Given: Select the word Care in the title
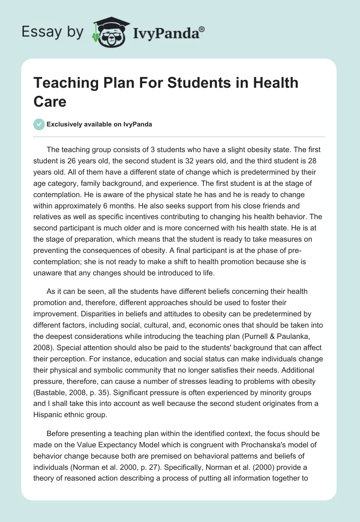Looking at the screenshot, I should [x=50, y=101].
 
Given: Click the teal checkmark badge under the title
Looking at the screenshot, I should [x=39, y=124].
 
